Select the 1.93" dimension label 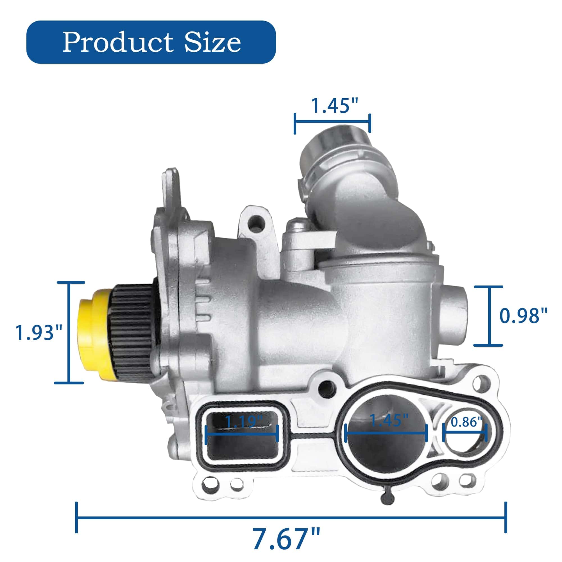click(x=39, y=332)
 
